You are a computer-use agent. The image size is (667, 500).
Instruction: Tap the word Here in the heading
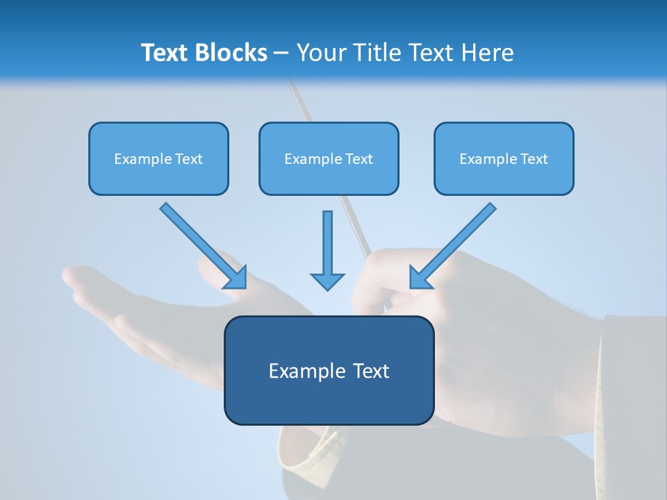coord(486,53)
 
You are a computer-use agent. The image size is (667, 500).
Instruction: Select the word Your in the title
coord(321,53)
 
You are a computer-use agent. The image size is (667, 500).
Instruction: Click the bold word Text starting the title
coord(166,53)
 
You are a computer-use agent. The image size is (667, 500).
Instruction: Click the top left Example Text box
coord(158,158)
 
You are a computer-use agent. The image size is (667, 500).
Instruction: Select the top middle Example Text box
coord(329,158)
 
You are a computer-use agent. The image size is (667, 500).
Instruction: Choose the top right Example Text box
coord(504,158)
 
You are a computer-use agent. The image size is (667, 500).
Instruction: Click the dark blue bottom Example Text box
coord(329,370)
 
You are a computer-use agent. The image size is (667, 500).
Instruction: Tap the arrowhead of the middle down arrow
coord(327,281)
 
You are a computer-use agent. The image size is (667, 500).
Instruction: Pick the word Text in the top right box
coord(534,159)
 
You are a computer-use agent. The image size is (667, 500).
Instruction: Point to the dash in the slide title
coord(281,53)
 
